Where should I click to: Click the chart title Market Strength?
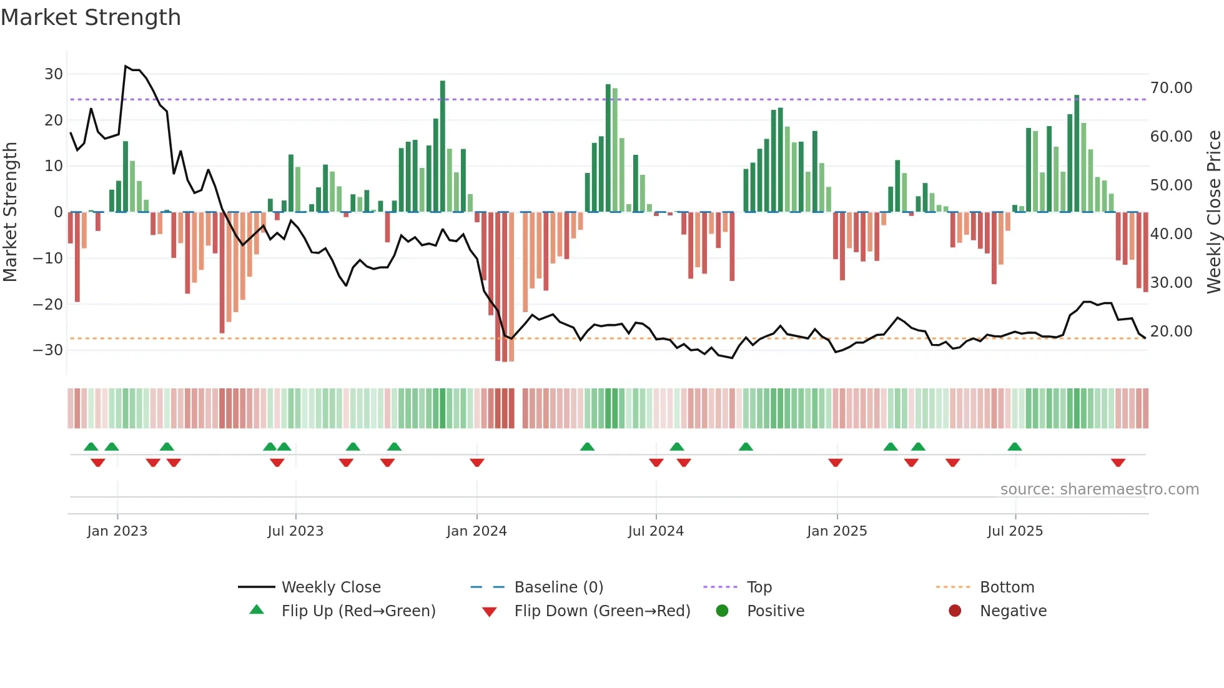click(91, 17)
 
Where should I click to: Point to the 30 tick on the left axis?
click(54, 74)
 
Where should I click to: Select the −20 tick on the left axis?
click(49, 305)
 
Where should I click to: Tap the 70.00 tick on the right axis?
click(1171, 88)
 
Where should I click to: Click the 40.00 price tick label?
click(1171, 234)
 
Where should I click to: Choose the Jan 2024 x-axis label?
click(476, 531)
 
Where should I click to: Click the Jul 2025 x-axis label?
click(1015, 531)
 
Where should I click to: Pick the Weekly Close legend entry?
click(331, 587)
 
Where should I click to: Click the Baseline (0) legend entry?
click(558, 587)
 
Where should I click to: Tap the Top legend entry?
click(759, 587)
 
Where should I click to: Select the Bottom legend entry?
click(1007, 587)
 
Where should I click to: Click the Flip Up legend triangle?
click(257, 610)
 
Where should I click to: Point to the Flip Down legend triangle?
click(490, 612)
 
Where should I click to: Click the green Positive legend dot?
click(723, 611)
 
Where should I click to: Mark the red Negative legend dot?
click(955, 611)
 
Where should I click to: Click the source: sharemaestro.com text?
click(1099, 489)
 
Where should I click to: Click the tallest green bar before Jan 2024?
click(443, 147)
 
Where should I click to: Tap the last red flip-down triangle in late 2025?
click(1118, 463)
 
